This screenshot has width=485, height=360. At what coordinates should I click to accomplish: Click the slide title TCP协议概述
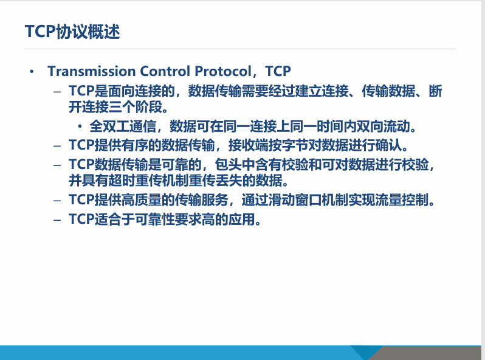tap(72, 32)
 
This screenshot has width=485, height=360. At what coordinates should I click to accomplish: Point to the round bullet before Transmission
tap(32, 72)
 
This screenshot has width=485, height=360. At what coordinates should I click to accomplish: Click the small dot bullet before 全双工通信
tap(80, 127)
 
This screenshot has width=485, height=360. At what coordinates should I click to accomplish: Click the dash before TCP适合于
tap(57, 220)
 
